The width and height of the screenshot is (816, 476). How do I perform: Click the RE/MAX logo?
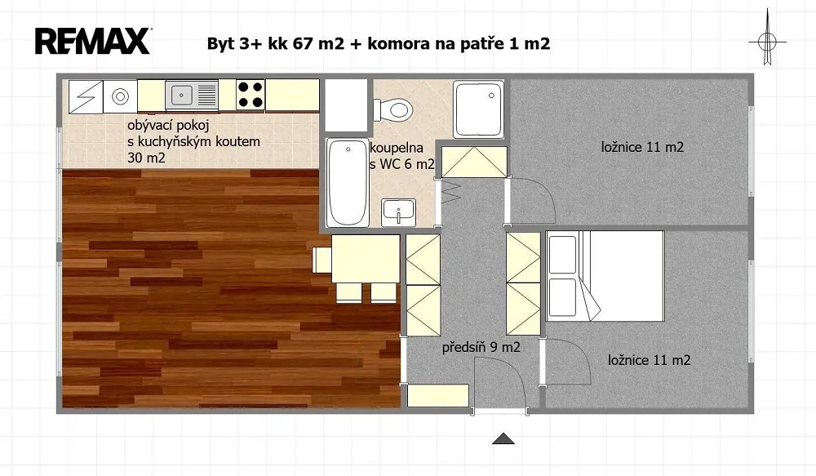[x=93, y=41]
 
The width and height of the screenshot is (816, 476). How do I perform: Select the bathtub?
[x=348, y=182]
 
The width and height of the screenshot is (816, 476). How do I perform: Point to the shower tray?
[x=478, y=109]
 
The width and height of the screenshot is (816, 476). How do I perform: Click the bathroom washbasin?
[x=399, y=212]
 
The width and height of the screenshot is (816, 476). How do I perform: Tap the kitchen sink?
[x=192, y=96]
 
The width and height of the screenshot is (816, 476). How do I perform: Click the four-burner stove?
[x=251, y=95]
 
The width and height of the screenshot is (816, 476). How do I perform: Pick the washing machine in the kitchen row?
[x=120, y=96]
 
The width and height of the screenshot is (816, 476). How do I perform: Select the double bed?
[x=605, y=276]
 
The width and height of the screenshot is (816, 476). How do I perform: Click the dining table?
[x=366, y=259]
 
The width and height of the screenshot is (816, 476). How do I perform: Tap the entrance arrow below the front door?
[x=503, y=438]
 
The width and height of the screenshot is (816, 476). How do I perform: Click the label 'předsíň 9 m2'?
[x=481, y=347]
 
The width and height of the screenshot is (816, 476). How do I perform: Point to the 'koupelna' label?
[x=397, y=149]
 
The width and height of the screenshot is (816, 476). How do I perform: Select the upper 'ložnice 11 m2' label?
[x=642, y=148]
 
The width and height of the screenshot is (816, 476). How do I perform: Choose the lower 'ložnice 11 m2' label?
[x=649, y=360]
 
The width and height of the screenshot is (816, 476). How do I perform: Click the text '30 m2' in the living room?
[x=146, y=158]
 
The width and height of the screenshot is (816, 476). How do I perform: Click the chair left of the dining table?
[x=322, y=260]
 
